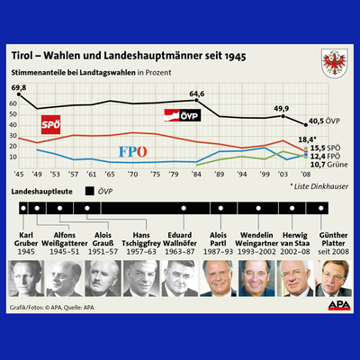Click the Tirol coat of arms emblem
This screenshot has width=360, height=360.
pos(328,65)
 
